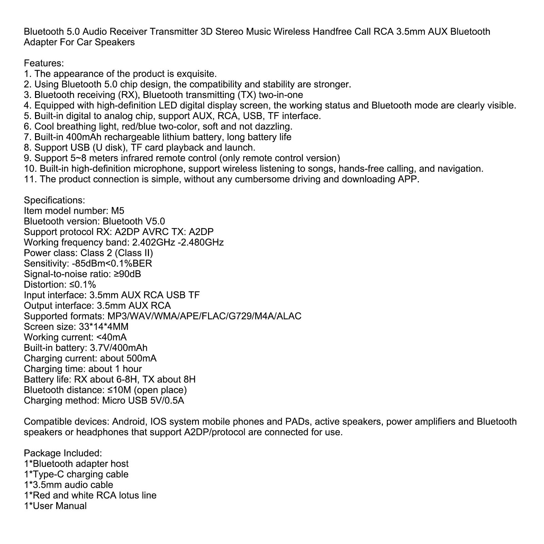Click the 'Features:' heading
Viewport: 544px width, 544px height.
coord(44,63)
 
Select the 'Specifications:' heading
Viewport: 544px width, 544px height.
coord(54,200)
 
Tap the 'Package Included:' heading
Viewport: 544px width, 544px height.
coord(63,453)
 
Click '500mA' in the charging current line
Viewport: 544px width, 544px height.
coord(141,358)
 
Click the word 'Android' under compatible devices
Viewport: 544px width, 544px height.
coord(129,422)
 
